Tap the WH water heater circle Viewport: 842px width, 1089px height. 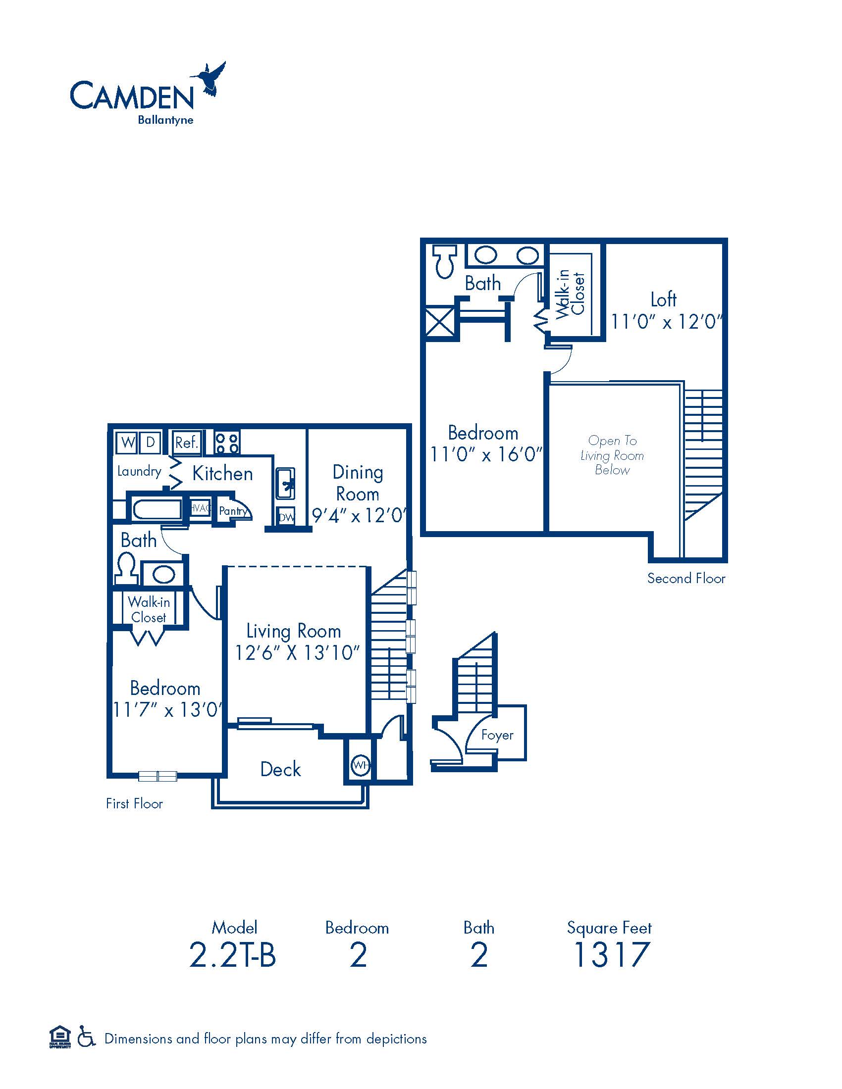[x=360, y=764]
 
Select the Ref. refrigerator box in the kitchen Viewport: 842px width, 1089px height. [x=187, y=442]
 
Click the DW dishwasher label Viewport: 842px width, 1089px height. [x=286, y=518]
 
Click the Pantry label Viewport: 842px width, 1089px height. [x=233, y=511]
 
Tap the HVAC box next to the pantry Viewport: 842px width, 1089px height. [x=200, y=508]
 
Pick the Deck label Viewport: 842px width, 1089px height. [x=280, y=769]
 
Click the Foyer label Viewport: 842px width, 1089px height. [x=497, y=735]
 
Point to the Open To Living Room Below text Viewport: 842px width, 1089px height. [x=612, y=455]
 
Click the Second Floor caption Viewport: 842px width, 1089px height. [x=686, y=578]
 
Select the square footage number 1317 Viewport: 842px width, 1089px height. [x=611, y=954]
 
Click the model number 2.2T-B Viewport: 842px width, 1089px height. [x=232, y=955]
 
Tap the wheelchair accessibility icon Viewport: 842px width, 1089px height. [x=86, y=1039]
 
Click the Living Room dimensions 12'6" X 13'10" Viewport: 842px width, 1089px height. [x=297, y=653]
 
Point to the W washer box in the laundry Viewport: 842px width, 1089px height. [x=128, y=442]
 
